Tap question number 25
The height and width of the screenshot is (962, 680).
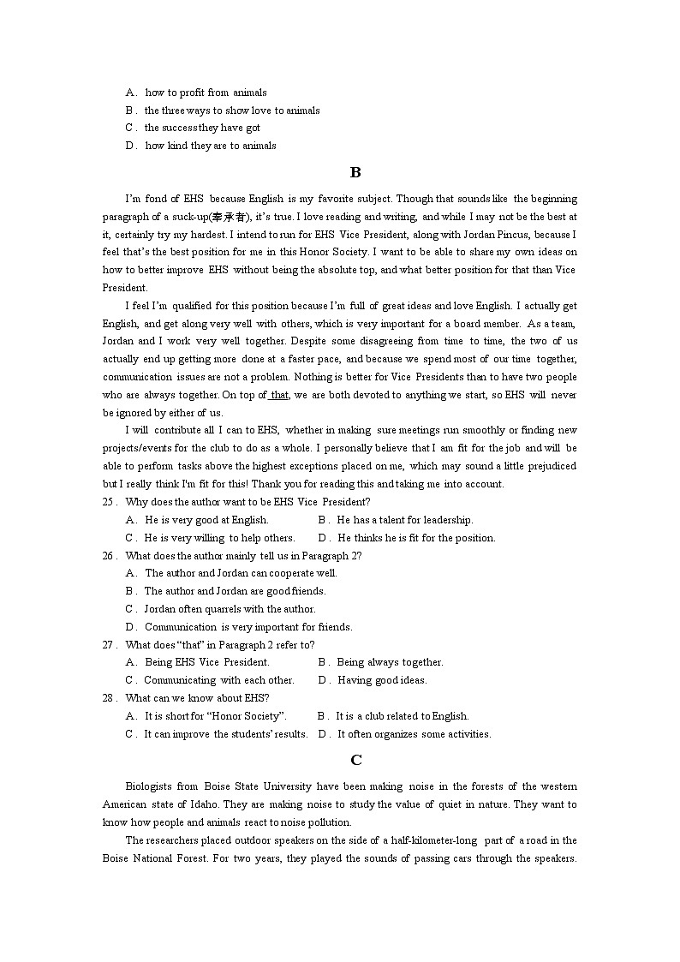109,502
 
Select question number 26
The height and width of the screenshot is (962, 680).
109,555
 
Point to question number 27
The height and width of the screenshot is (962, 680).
109,644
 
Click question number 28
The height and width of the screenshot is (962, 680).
109,698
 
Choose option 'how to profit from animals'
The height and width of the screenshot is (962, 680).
206,93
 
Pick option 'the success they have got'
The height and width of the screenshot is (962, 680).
202,128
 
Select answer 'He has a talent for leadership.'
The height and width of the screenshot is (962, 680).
404,520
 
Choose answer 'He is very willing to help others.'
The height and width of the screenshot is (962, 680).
219,538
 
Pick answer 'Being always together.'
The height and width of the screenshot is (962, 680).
390,662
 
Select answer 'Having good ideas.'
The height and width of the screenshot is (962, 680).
382,680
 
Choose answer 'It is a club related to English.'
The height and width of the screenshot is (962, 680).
402,716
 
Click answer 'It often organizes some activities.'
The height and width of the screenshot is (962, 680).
414,734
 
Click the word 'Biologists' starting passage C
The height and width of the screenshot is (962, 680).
149,786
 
